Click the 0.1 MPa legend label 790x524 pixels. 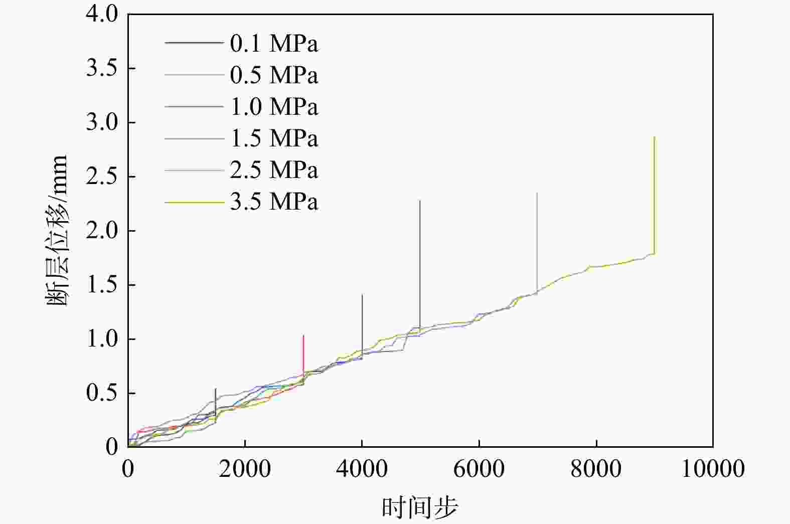[274, 44]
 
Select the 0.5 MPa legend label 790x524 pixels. [274, 76]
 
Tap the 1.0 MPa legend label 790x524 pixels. [274, 107]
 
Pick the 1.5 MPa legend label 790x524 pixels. [274, 139]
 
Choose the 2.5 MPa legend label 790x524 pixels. [274, 170]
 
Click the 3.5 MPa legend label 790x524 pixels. [274, 202]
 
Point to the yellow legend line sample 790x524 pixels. [194, 203]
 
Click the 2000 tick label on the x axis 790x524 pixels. [245, 469]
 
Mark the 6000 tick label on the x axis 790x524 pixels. [479, 469]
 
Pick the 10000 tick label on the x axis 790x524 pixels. [713, 469]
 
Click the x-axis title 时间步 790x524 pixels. [420, 507]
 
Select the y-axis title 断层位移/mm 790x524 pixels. [57, 231]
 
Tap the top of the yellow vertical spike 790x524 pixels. [655, 137]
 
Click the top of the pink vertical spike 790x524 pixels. [303, 335]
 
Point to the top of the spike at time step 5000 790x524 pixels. [420, 201]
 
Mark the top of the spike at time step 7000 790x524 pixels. [537, 193]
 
